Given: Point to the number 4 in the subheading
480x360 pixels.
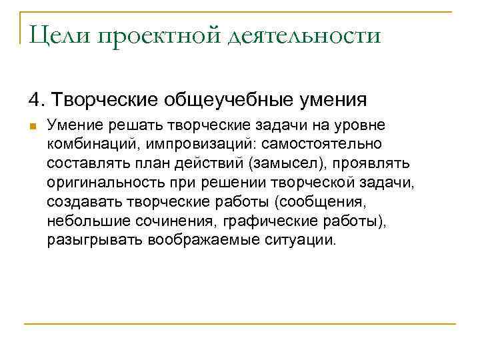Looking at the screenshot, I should pos(34,100).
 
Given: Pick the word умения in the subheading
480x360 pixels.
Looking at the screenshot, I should pos(332,100).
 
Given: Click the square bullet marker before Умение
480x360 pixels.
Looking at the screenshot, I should pos(31,126).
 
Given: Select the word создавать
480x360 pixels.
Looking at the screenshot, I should pos(81,201).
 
